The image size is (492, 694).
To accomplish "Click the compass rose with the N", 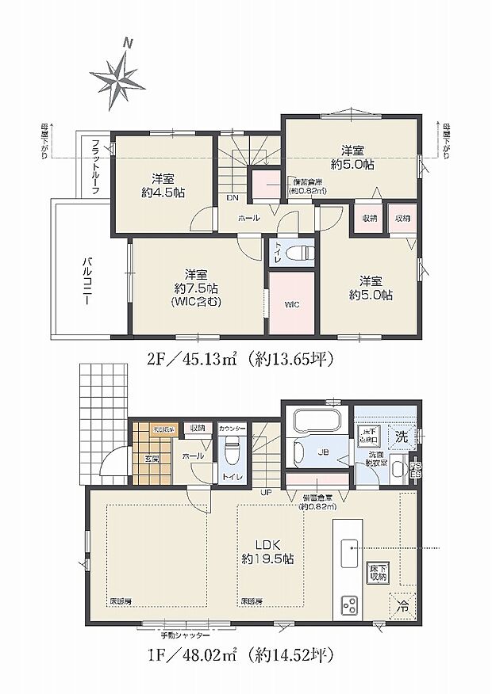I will (122, 77).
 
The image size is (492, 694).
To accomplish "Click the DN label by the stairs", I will (233, 198).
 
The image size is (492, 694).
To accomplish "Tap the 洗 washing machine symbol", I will (402, 436).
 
